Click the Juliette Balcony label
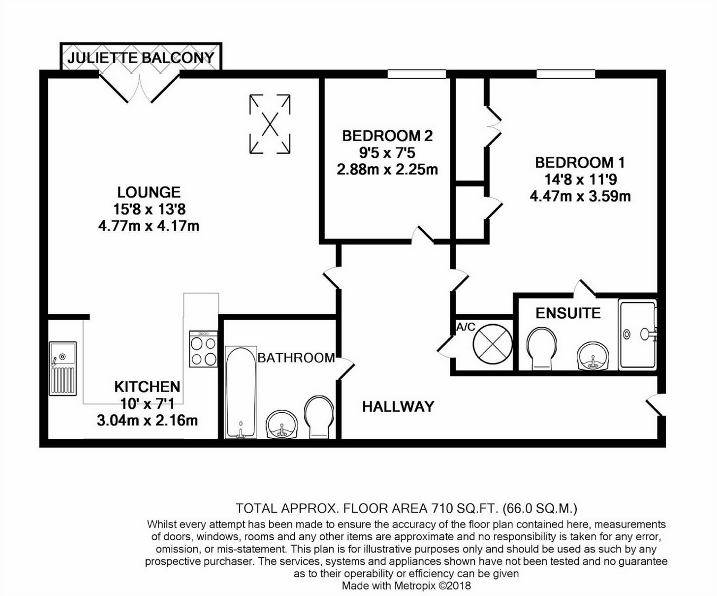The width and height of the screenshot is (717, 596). point(141,57)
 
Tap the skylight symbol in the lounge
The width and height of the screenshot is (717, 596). point(270,124)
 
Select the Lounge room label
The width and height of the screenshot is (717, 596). point(149,192)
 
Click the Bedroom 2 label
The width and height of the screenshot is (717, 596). point(387,136)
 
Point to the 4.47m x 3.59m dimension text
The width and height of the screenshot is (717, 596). point(580,197)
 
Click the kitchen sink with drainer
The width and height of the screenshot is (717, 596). point(63,368)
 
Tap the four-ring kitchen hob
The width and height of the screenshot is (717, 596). point(203,349)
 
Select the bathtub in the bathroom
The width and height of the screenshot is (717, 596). point(241,392)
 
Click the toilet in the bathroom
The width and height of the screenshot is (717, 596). point(319,416)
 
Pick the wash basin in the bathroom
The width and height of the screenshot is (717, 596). point(282,424)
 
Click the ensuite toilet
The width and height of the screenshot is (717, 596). point(542,348)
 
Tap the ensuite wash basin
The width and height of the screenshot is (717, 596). point(593,355)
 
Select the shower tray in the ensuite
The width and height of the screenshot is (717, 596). point(637,334)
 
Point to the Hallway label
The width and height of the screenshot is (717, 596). point(398,407)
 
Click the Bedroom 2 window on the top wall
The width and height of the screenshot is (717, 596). point(416,74)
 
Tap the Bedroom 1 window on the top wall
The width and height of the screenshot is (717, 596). point(565,74)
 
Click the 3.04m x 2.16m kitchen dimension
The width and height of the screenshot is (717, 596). point(147,421)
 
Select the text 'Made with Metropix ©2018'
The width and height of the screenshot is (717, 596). point(406,586)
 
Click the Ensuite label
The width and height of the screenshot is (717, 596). point(568,313)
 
